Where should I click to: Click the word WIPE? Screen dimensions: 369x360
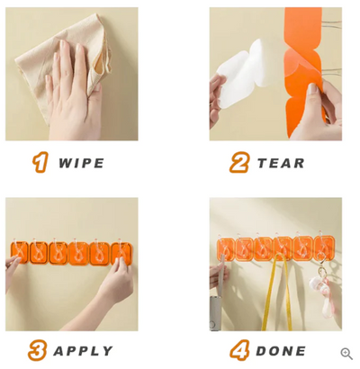(81, 163)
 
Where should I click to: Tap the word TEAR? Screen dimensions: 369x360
(281, 163)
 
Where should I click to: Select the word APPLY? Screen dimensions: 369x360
(83, 351)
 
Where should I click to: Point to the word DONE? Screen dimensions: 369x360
(281, 351)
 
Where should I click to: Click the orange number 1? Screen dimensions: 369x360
(40, 163)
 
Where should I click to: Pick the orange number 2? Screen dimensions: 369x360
(238, 163)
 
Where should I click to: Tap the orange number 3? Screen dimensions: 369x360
(37, 351)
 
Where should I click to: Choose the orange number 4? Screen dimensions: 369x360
(238, 351)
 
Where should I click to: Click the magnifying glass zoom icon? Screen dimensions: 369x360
(346, 354)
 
